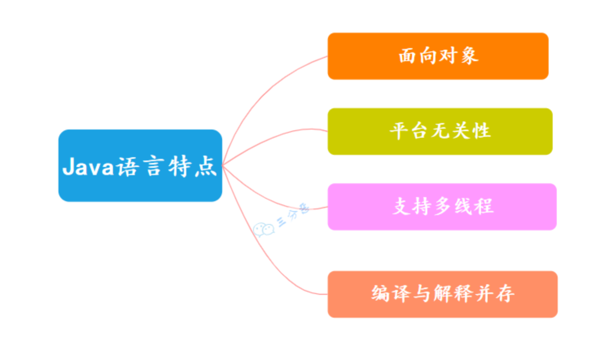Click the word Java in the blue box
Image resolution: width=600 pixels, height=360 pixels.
[x=88, y=166]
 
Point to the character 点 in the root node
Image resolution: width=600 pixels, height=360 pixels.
[x=206, y=166]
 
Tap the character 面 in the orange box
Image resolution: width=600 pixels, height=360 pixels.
[x=407, y=56]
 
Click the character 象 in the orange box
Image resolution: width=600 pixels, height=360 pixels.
[x=469, y=56]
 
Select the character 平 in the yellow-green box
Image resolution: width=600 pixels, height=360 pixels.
[x=399, y=131]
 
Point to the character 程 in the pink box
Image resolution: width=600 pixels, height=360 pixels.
[x=484, y=207]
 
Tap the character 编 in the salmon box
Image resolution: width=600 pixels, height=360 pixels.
[x=380, y=293]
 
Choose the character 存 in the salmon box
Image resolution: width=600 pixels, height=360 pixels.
[x=505, y=293]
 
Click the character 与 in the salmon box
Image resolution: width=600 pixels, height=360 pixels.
[x=422, y=293]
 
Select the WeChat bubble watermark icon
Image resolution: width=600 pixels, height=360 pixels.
[x=263, y=229]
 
